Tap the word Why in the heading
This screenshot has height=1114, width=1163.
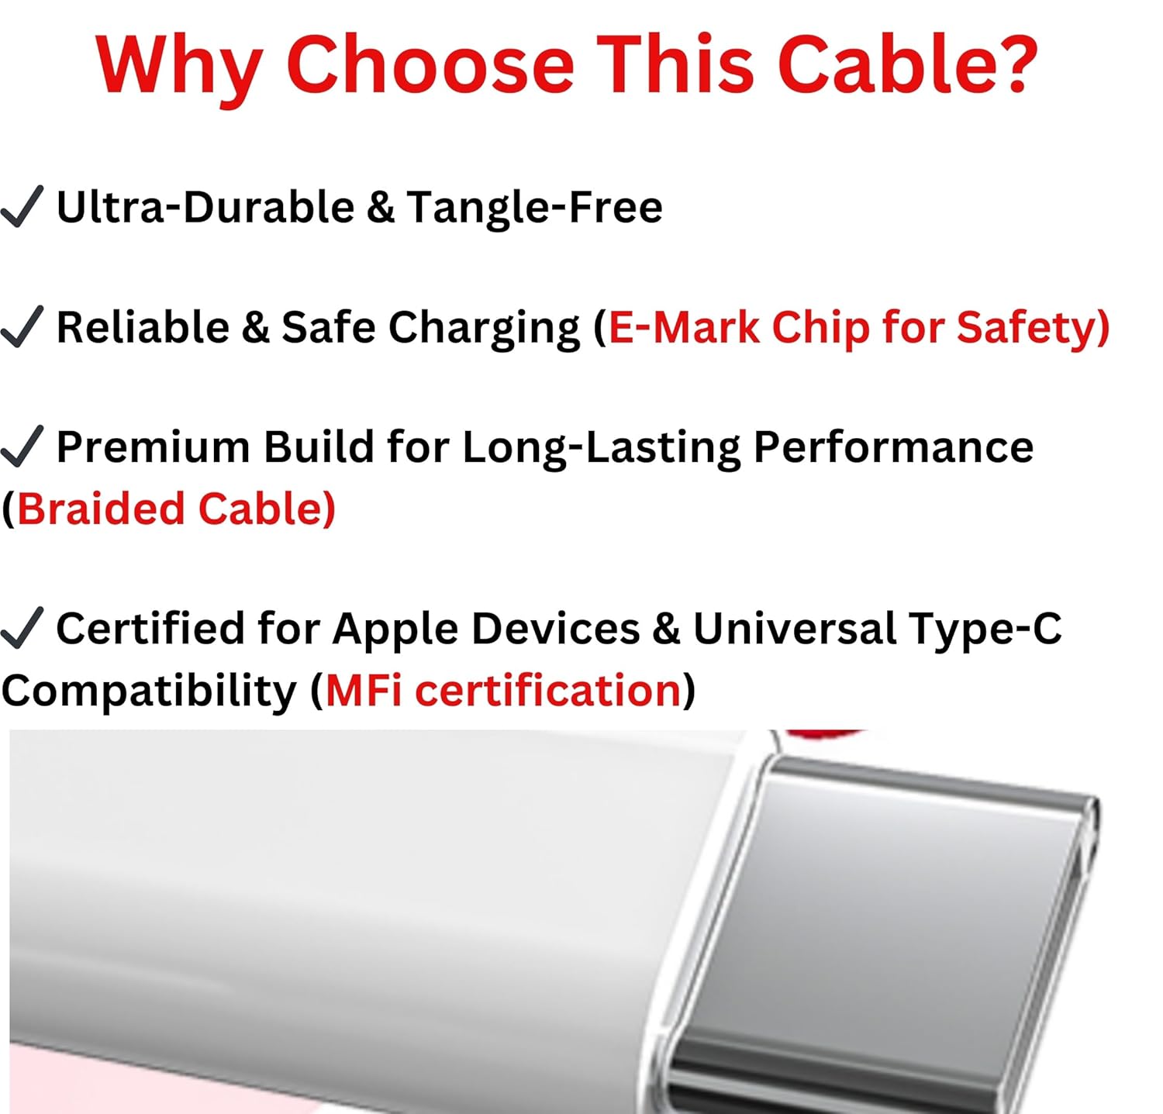coord(179,68)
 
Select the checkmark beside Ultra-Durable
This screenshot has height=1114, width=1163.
coord(21,206)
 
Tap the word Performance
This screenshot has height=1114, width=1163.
coord(893,447)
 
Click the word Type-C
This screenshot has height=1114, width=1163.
coord(985,630)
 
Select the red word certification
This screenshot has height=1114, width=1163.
coord(548,690)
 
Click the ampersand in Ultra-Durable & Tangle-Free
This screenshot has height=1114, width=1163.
coord(380,207)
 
